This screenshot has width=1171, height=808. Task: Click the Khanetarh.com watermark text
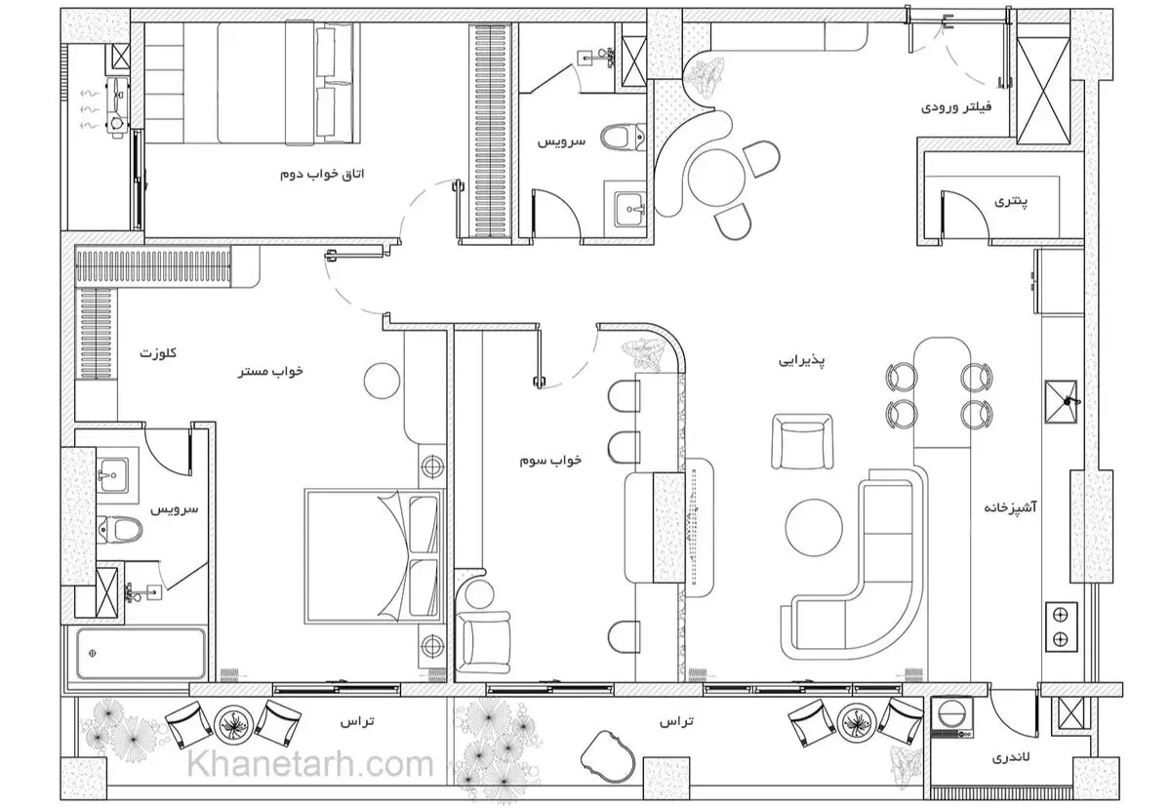[310, 765]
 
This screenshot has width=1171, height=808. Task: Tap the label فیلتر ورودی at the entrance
[956, 107]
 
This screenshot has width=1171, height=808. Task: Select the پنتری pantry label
[1011, 201]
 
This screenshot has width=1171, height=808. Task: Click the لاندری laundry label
[1011, 757]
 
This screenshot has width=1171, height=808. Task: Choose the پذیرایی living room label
[802, 361]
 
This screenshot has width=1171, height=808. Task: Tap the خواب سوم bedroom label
[550, 461]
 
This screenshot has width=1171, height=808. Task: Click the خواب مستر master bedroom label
[270, 372]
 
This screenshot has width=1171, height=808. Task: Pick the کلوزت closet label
[158, 353]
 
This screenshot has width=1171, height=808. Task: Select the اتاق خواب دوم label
[322, 174]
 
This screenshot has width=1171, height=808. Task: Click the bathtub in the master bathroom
[141, 653]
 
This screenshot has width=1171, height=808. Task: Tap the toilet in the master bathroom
[120, 530]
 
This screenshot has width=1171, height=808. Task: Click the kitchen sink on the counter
[1061, 401]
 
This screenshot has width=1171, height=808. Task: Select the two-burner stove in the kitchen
[1062, 627]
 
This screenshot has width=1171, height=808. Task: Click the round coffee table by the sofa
[814, 528]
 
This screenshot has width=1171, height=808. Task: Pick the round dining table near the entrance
[713, 178]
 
